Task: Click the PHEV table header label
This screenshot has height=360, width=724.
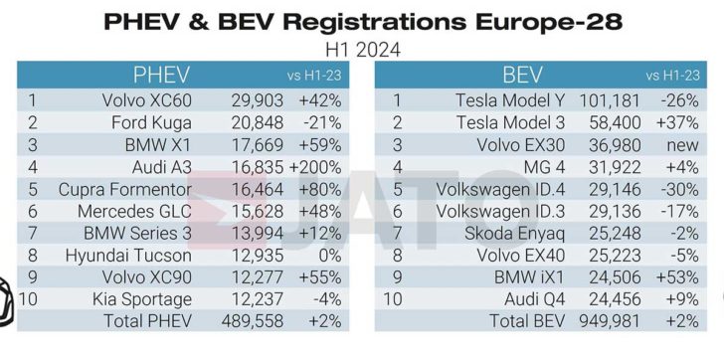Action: click(x=162, y=76)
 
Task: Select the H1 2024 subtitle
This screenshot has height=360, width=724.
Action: click(x=361, y=47)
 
